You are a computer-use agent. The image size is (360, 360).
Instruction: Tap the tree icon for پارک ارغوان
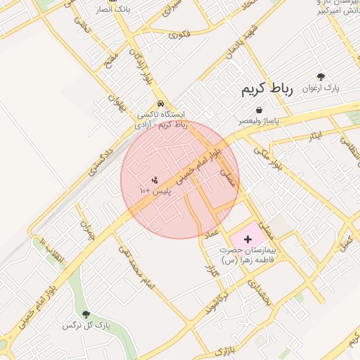point(321,77)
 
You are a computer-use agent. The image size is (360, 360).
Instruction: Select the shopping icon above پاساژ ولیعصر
point(260,110)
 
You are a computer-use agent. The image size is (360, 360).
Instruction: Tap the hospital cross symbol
point(247,240)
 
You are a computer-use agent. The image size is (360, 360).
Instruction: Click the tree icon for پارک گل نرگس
point(86,314)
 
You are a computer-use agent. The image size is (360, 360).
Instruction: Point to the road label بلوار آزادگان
point(139,64)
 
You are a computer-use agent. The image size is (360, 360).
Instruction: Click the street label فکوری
point(180,34)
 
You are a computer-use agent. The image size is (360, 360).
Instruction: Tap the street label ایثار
point(316,134)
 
